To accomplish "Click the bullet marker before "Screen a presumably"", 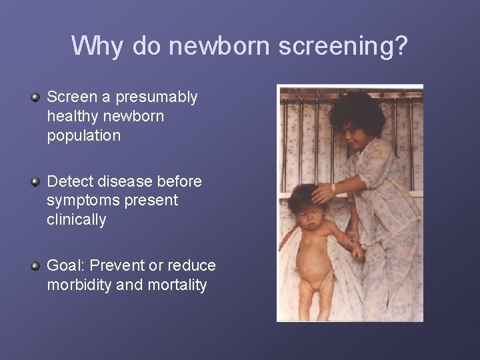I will point(36,98).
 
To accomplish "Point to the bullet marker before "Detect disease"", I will point(36,182).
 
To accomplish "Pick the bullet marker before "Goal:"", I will point(36,267).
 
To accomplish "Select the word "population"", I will point(84,135).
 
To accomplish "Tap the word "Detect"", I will point(70,181).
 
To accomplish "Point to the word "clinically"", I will point(77,219).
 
